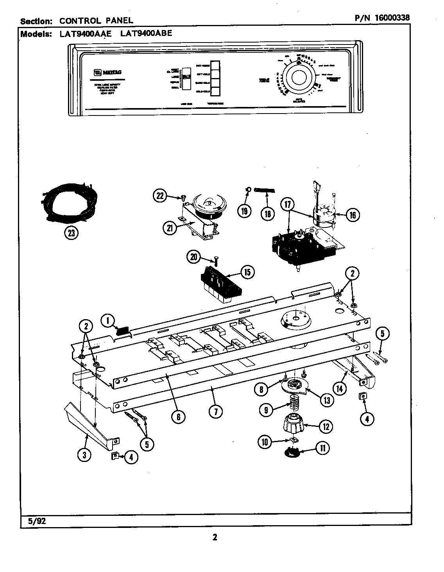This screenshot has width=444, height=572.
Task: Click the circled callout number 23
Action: [x=71, y=233]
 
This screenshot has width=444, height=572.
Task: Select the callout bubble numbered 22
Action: [x=160, y=196]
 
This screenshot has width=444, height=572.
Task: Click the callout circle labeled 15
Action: [x=247, y=272]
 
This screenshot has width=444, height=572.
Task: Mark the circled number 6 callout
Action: [x=178, y=417]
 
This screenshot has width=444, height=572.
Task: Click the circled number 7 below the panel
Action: [x=215, y=411]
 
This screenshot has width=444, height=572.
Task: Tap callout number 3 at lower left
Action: [x=84, y=455]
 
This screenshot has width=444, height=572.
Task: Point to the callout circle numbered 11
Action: [x=322, y=449]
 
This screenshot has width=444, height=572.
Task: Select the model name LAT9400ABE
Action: [x=145, y=34]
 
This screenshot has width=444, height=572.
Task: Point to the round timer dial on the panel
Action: [x=297, y=76]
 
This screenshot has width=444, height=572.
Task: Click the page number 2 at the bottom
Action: [x=215, y=537]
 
